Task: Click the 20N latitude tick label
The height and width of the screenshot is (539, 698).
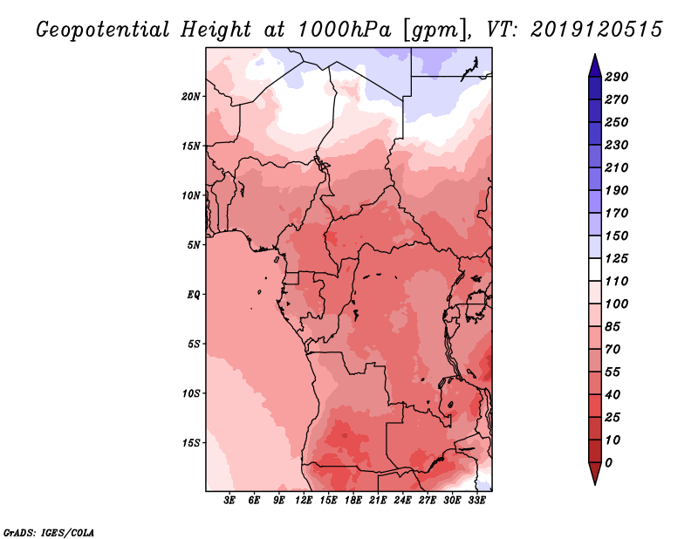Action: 191,96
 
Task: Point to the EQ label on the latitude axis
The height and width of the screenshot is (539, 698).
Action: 194,294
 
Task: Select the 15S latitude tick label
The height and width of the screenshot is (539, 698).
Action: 191,442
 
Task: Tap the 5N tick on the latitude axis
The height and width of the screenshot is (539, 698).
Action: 194,244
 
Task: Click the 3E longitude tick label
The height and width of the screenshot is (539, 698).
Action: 230,501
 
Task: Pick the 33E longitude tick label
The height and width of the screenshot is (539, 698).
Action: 476,501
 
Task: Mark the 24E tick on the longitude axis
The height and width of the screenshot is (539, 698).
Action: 402,501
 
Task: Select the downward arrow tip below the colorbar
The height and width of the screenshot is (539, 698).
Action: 594,482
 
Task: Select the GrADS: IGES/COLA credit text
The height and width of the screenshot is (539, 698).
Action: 48,530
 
